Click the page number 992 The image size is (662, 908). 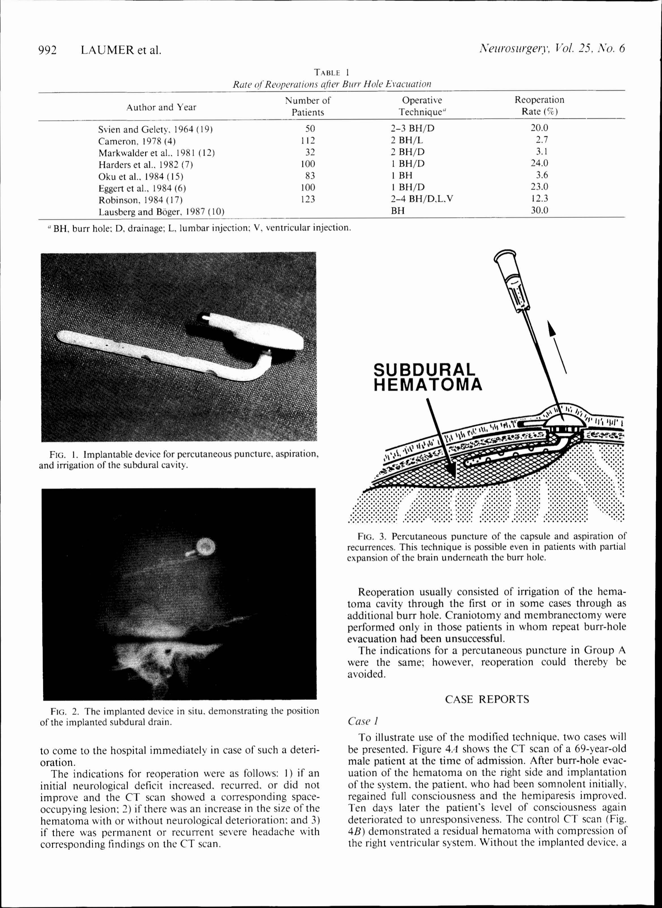47,50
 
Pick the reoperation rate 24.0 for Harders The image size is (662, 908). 540,163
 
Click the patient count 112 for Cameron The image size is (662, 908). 308,140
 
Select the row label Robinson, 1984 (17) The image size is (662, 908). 140,200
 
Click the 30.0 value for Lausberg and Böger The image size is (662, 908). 540,210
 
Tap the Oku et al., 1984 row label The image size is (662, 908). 141,176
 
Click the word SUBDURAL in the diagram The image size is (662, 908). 424,369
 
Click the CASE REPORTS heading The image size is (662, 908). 487,699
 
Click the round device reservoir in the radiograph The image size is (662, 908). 206,546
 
